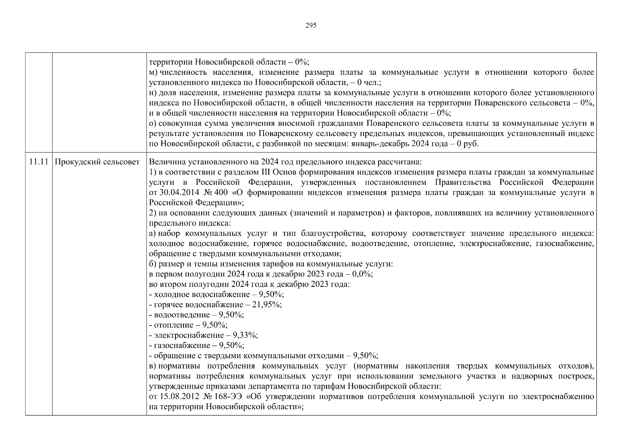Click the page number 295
[x=310, y=25]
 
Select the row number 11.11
[x=38, y=162]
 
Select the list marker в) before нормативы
[x=153, y=366]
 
